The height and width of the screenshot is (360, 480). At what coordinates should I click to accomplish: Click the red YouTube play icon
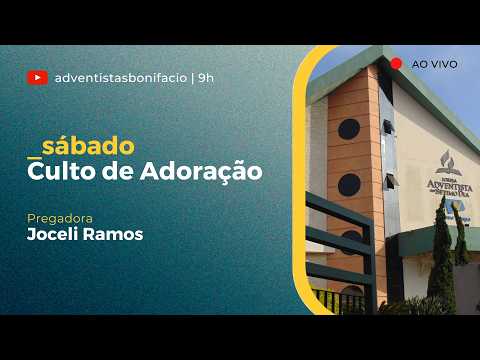click(38, 77)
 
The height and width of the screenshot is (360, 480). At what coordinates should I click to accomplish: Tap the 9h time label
click(206, 77)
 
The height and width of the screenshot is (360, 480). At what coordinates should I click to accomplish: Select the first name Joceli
click(56, 236)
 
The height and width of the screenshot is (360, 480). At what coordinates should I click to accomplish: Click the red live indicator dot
click(396, 63)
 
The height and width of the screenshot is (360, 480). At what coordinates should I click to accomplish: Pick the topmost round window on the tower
click(349, 128)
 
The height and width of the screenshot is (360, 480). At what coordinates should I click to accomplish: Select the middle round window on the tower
click(349, 183)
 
